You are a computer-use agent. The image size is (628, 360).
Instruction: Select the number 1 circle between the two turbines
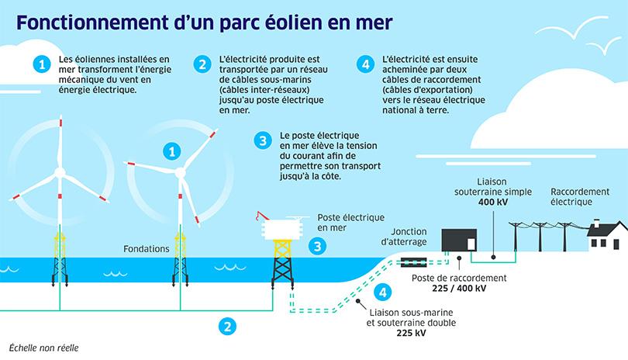(172, 150)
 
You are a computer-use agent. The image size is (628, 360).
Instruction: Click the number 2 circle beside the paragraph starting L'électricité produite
(202, 64)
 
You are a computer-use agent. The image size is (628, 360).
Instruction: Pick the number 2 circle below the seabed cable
(227, 326)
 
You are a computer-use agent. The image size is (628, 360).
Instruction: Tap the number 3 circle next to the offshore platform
(317, 247)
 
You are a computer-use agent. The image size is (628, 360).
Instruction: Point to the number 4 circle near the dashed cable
(381, 292)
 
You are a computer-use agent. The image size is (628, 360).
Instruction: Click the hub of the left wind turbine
(60, 171)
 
